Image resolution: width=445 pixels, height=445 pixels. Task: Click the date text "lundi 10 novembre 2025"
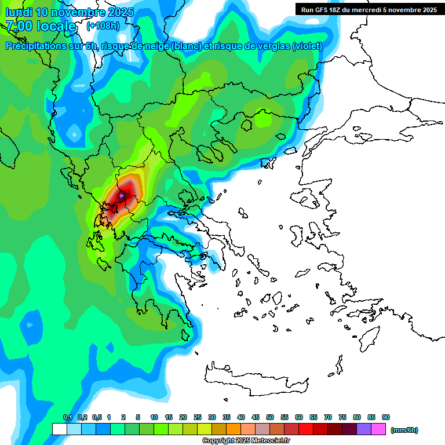(x=70, y=12)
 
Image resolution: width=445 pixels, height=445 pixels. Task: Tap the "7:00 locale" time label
(x=41, y=26)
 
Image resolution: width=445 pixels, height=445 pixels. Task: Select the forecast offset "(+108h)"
(x=103, y=26)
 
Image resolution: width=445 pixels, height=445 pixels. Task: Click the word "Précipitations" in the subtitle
(x=35, y=46)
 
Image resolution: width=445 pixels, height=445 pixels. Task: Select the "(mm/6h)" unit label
(x=404, y=430)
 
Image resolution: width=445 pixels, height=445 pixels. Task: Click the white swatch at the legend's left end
(x=59, y=429)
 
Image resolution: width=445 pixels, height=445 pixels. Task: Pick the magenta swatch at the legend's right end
(x=378, y=429)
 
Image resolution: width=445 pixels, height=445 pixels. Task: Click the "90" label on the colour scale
(x=385, y=417)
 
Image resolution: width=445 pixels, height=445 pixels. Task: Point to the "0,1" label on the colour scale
(x=67, y=417)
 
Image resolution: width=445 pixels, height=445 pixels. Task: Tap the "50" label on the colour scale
(x=270, y=417)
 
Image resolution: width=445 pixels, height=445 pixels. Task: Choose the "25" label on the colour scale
(x=198, y=417)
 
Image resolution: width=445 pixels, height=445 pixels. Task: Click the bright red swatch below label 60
(x=306, y=429)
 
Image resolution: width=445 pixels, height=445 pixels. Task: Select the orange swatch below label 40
(x=234, y=429)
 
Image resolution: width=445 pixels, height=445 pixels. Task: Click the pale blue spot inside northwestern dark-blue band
(x=74, y=134)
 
